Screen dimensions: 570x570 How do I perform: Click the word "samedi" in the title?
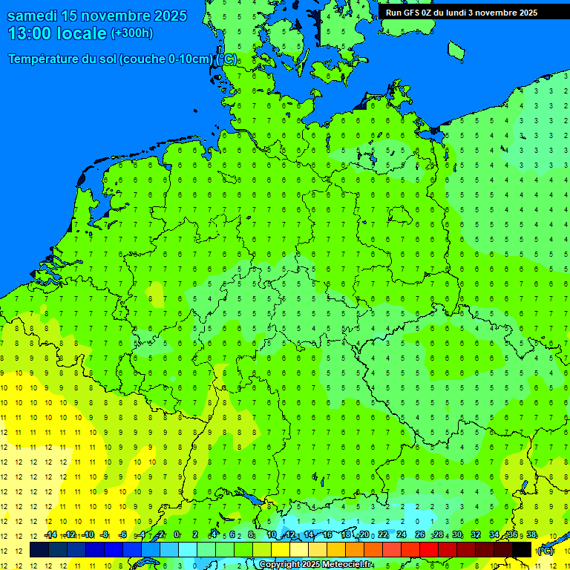34,16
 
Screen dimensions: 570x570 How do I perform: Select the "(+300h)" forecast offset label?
131,33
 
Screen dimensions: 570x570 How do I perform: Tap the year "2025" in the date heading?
181,16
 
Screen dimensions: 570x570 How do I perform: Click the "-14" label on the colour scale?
50,535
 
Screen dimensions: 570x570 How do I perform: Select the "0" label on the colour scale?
177,535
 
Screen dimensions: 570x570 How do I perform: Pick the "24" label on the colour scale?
402,535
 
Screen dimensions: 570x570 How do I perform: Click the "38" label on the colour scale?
531,535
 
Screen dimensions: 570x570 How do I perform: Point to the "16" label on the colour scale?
327,535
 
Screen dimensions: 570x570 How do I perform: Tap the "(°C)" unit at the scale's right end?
546,551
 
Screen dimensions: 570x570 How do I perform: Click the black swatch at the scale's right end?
522,550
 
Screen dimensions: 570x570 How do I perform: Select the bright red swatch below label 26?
429,550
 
